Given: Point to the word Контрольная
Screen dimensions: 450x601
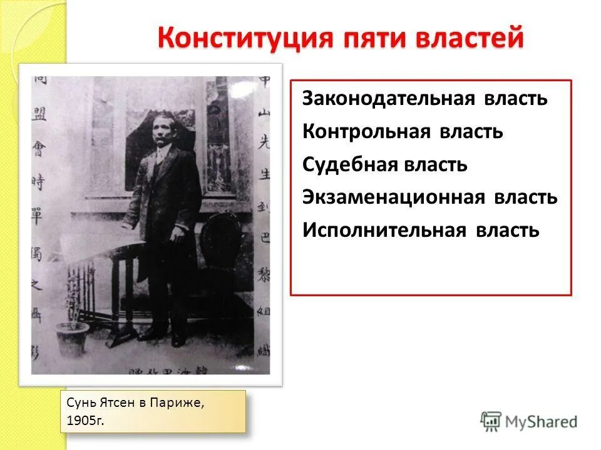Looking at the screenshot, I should point(367,132).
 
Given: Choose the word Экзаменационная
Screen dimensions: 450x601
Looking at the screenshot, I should point(394,197).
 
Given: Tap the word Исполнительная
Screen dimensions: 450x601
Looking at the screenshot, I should point(384,230).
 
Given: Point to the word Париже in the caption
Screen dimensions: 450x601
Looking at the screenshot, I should point(181,404).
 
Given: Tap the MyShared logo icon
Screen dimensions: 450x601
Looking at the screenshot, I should point(491,421).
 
